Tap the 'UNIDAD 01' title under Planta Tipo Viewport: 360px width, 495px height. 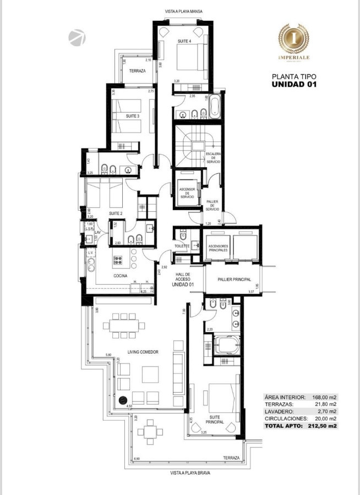(x=294, y=85)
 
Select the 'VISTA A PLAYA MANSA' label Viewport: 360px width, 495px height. (x=182, y=11)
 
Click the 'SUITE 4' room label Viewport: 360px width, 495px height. (x=184, y=41)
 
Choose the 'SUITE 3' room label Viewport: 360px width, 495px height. (x=132, y=116)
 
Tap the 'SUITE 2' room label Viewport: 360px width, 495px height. (x=114, y=213)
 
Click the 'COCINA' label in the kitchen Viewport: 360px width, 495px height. (x=121, y=275)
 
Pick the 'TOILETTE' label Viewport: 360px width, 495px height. (x=182, y=246)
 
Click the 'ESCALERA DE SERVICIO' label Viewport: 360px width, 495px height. (x=214, y=158)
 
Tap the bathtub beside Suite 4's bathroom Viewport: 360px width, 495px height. (x=215, y=106)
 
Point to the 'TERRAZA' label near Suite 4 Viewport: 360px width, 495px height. (x=137, y=71)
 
